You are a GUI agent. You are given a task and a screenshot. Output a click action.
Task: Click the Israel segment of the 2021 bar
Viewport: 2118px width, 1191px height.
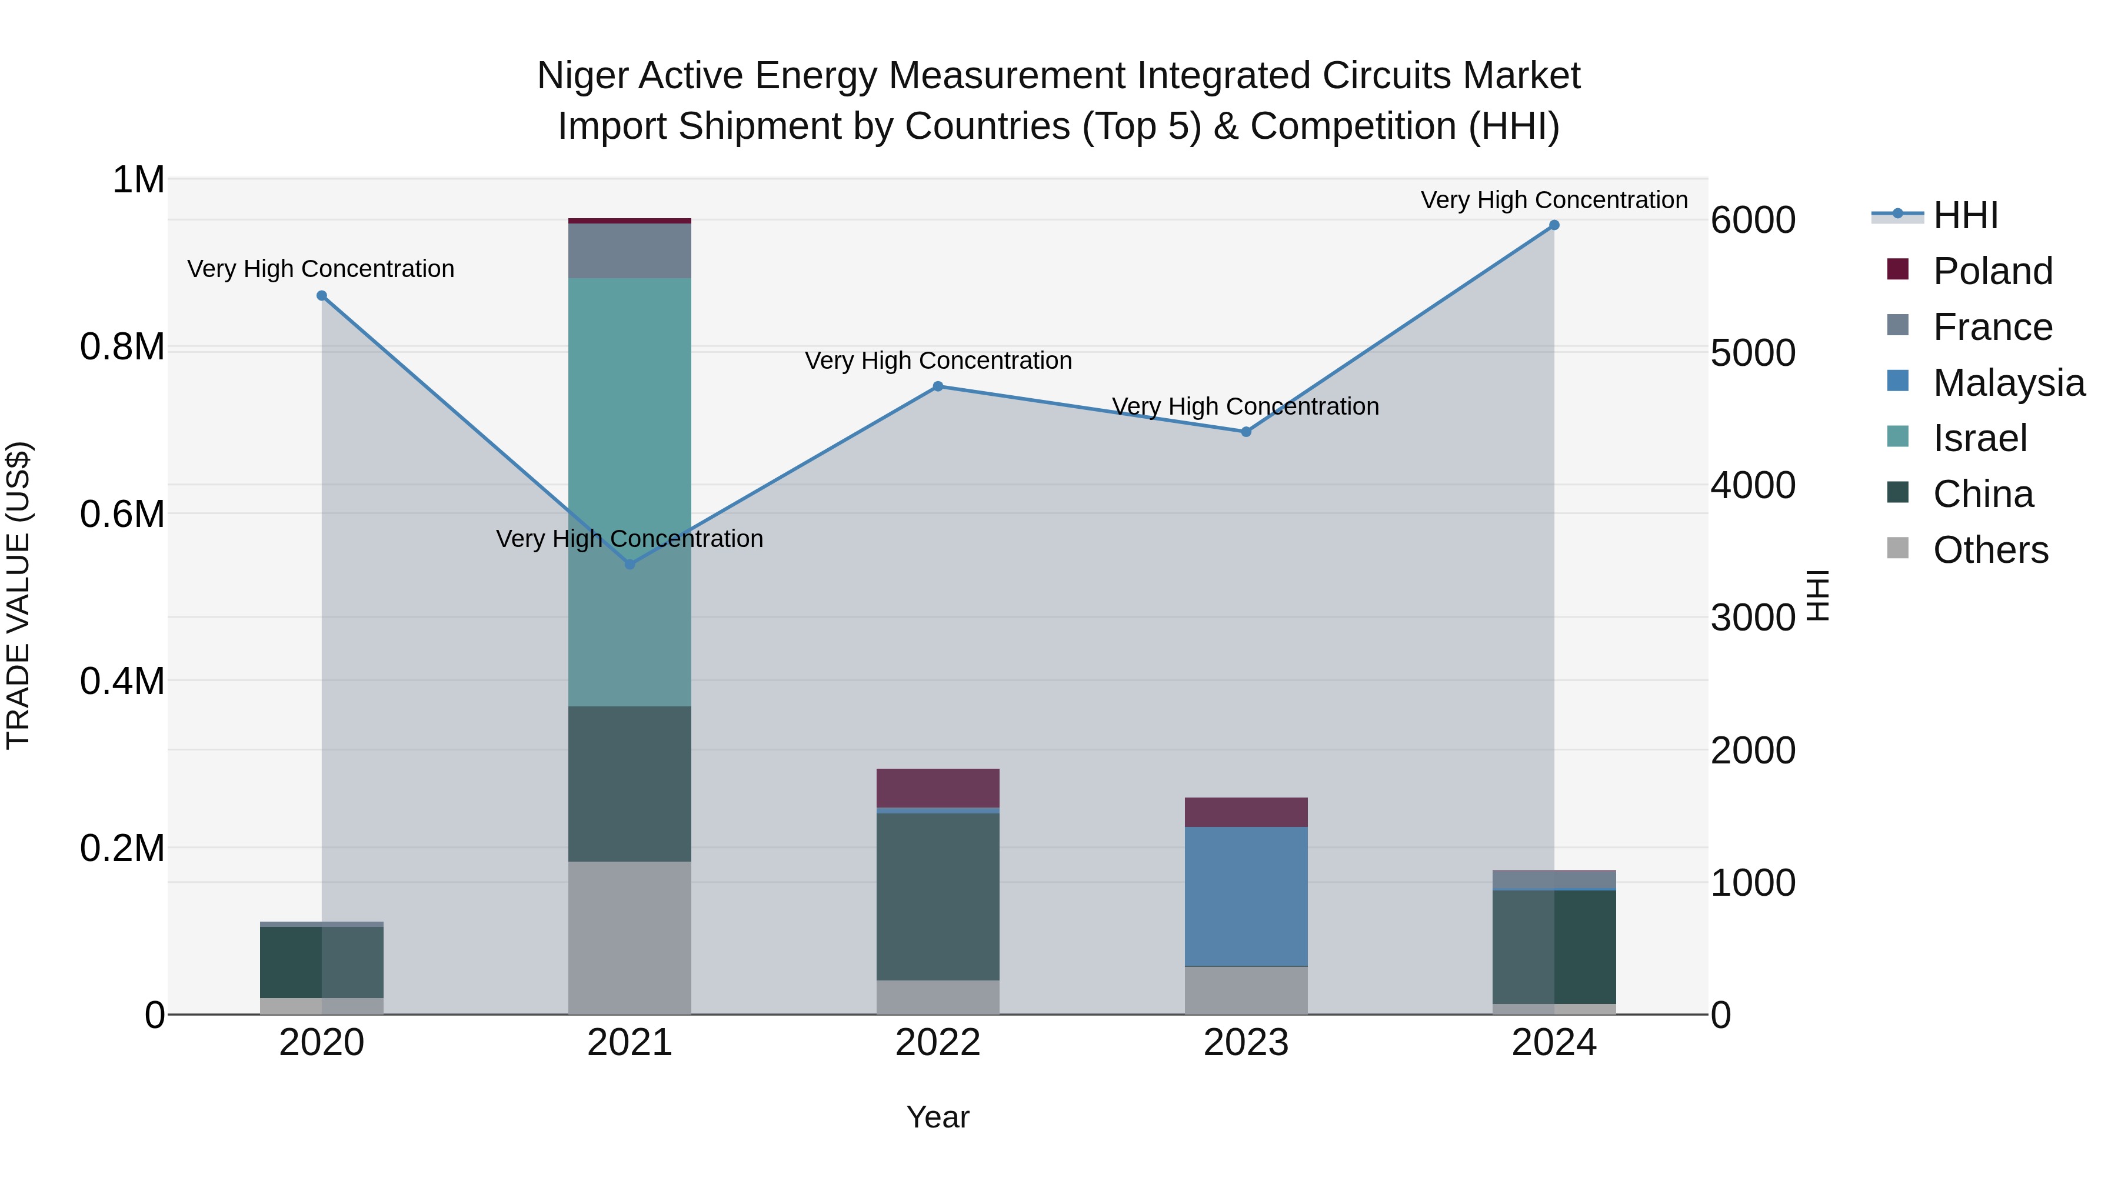[629, 492]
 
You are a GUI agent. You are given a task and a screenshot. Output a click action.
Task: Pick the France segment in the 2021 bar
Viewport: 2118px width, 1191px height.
[629, 251]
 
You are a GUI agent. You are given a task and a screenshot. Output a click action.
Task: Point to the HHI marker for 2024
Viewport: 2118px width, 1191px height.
[1554, 225]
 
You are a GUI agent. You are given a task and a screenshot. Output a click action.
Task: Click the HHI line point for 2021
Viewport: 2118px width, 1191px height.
[630, 565]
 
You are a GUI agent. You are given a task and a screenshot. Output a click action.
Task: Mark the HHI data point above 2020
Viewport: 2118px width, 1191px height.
[321, 296]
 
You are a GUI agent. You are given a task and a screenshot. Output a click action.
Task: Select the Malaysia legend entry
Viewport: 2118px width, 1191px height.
[2009, 383]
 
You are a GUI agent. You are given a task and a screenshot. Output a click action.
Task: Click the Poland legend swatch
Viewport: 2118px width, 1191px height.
[1897, 269]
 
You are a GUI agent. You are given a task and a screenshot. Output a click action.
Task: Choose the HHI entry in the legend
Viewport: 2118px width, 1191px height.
[1965, 215]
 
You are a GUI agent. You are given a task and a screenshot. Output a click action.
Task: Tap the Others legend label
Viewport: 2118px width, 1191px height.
[1990, 550]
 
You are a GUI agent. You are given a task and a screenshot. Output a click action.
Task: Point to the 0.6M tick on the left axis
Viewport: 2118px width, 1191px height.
[122, 515]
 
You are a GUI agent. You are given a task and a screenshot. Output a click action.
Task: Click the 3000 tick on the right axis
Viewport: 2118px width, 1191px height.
[1753, 618]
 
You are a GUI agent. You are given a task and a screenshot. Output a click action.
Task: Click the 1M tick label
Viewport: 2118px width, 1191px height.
[138, 180]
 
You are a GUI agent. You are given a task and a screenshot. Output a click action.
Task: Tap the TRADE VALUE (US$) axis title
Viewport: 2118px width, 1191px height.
[18, 595]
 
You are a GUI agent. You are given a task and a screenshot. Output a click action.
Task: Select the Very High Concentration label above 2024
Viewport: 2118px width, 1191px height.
[1554, 200]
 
